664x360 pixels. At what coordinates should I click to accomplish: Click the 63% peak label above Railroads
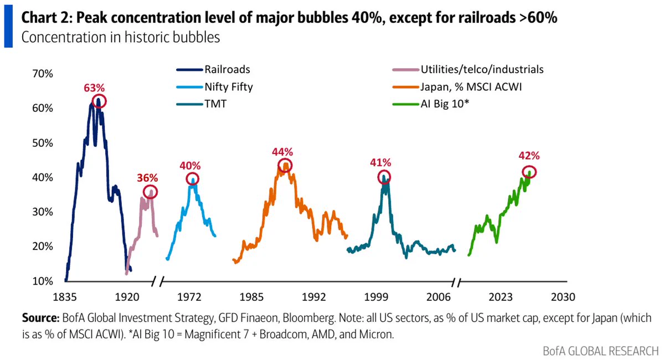click(x=94, y=88)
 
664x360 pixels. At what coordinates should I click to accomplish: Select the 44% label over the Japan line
click(x=282, y=152)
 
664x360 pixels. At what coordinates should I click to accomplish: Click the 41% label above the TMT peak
click(x=380, y=163)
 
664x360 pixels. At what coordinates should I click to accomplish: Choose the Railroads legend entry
click(x=213, y=69)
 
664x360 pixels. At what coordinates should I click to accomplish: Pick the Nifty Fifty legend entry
click(x=215, y=87)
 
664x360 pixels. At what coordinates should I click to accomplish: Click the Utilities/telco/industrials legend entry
click(x=469, y=69)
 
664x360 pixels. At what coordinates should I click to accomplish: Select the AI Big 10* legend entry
click(x=431, y=104)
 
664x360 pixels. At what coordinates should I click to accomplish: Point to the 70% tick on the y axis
click(x=42, y=74)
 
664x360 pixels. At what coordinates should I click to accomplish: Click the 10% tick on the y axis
click(x=42, y=281)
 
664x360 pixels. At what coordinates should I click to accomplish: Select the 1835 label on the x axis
click(x=65, y=297)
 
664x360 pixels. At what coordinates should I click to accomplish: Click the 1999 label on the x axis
click(x=377, y=297)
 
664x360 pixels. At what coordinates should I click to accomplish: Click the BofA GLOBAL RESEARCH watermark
click(x=601, y=351)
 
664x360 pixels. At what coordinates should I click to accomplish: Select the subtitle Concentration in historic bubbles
click(x=121, y=37)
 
